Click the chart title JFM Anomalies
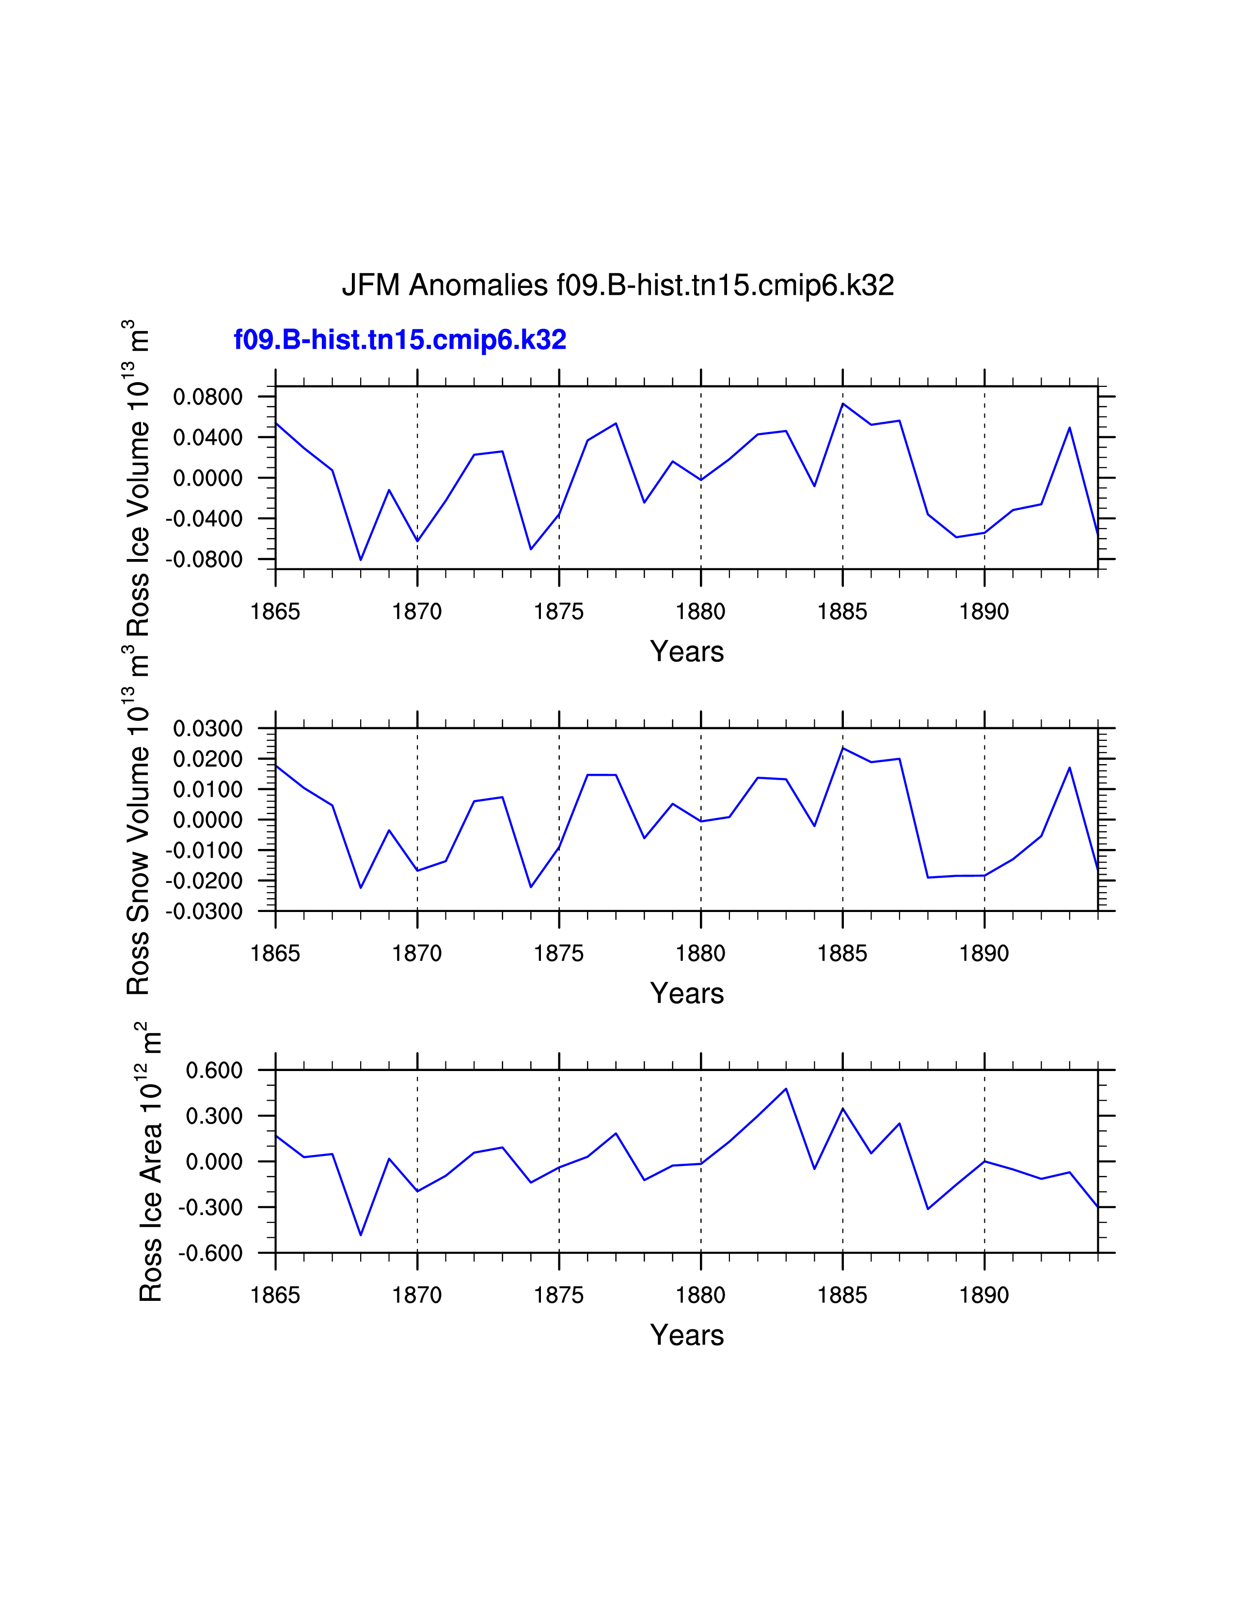[x=617, y=285]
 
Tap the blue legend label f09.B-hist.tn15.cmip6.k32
[x=400, y=340]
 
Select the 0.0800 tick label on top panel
[x=207, y=397]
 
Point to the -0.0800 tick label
[x=204, y=560]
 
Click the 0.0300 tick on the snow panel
[x=207, y=729]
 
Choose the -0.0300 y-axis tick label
[x=204, y=912]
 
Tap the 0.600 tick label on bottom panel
[x=214, y=1071]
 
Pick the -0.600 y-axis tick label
[x=210, y=1253]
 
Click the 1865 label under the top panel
[x=275, y=612]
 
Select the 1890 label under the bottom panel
[x=984, y=1295]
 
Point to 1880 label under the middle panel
[x=701, y=953]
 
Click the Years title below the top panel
[x=687, y=651]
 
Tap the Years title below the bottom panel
[x=687, y=1335]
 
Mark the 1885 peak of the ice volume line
[x=843, y=404]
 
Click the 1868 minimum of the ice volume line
[x=360, y=560]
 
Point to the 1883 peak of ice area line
[x=786, y=1088]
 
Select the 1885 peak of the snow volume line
[x=843, y=748]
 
